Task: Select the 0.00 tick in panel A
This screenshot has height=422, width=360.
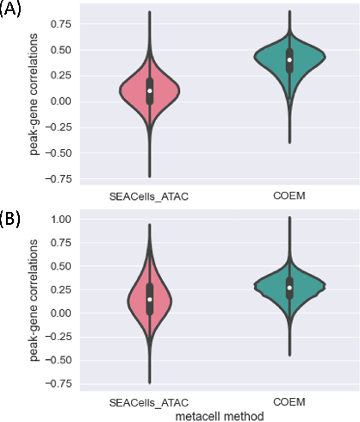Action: (58, 102)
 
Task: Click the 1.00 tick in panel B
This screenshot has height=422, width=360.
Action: (58, 219)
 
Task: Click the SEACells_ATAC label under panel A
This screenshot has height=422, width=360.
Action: (149, 195)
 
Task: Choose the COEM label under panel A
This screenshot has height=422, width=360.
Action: (289, 195)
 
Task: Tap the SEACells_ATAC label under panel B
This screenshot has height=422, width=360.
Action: (149, 402)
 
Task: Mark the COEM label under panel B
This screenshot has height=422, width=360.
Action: (289, 402)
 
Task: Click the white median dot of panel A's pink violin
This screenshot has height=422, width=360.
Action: (149, 90)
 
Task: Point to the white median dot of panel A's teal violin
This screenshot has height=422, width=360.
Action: (289, 59)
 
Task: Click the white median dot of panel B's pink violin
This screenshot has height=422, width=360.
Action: (149, 300)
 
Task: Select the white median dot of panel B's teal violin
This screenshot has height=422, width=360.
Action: (289, 287)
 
